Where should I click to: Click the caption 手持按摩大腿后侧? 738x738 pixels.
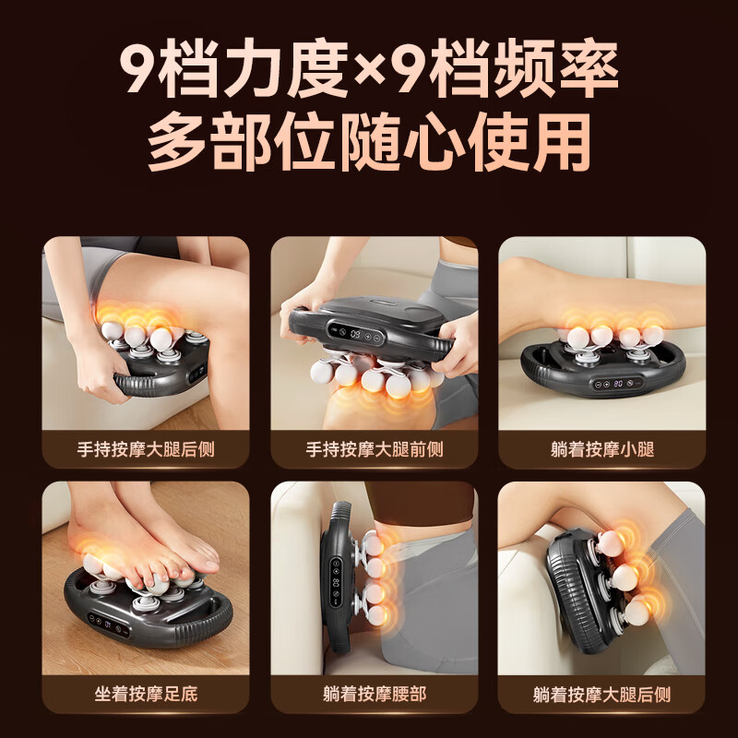pyautogui.click(x=145, y=450)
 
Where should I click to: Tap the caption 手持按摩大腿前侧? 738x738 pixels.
pyautogui.click(x=374, y=450)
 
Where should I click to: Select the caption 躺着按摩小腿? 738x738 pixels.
pyautogui.click(x=601, y=450)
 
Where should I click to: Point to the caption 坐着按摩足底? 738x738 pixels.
pyautogui.click(x=145, y=694)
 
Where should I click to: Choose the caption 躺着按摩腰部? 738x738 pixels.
pyautogui.click(x=374, y=694)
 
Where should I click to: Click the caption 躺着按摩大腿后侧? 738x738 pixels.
pyautogui.click(x=601, y=694)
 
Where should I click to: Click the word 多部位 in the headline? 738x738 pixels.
pyautogui.click(x=240, y=143)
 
